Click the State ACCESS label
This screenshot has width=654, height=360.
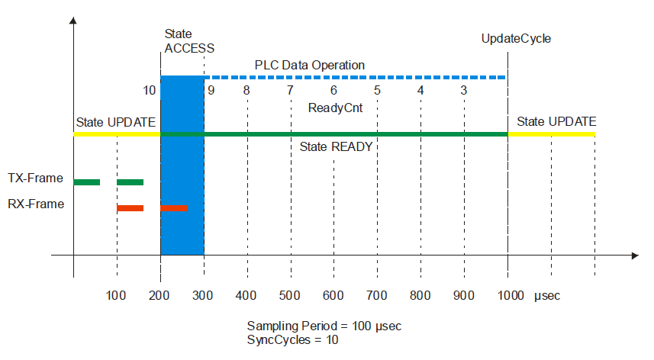[x=188, y=41]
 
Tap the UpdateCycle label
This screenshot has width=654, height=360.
[x=516, y=38]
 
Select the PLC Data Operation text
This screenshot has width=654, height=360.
[x=309, y=65]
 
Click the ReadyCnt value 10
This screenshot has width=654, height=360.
[x=150, y=90]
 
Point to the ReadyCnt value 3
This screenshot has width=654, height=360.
[x=464, y=90]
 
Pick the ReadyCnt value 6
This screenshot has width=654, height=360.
[x=334, y=90]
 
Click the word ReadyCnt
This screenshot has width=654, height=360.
[x=334, y=108]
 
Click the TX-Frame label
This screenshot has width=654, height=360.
[x=35, y=178]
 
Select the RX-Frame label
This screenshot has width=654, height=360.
[x=35, y=204]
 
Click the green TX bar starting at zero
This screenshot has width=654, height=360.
[x=87, y=182]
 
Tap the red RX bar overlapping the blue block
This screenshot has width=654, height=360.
[x=174, y=208]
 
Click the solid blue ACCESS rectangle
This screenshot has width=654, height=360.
[x=182, y=164]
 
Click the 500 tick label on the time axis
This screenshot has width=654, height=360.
[x=290, y=295]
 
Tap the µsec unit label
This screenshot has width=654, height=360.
[x=546, y=295]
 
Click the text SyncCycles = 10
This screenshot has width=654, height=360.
[x=293, y=339]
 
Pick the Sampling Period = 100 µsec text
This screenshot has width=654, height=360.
[x=324, y=326]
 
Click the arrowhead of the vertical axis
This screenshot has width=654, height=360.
[x=73, y=21]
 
